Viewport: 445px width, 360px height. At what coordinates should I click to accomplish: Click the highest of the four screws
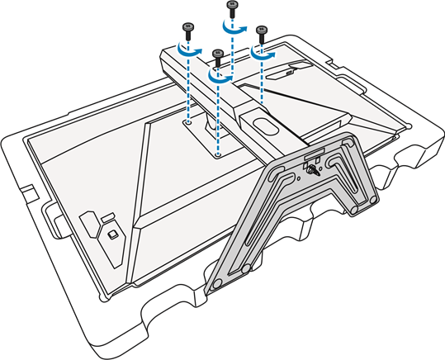click(x=232, y=8)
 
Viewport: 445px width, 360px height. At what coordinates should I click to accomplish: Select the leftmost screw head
click(x=187, y=29)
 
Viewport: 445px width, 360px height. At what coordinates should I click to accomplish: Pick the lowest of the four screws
click(x=217, y=55)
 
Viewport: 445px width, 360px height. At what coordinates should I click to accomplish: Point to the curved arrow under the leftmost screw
click(x=192, y=50)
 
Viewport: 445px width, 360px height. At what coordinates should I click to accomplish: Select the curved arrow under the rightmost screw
click(x=264, y=52)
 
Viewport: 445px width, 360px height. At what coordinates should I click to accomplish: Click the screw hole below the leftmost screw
click(x=189, y=122)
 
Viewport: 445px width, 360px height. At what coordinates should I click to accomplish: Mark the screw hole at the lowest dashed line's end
click(x=217, y=154)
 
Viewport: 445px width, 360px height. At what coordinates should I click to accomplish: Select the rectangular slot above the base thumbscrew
click(x=313, y=156)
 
